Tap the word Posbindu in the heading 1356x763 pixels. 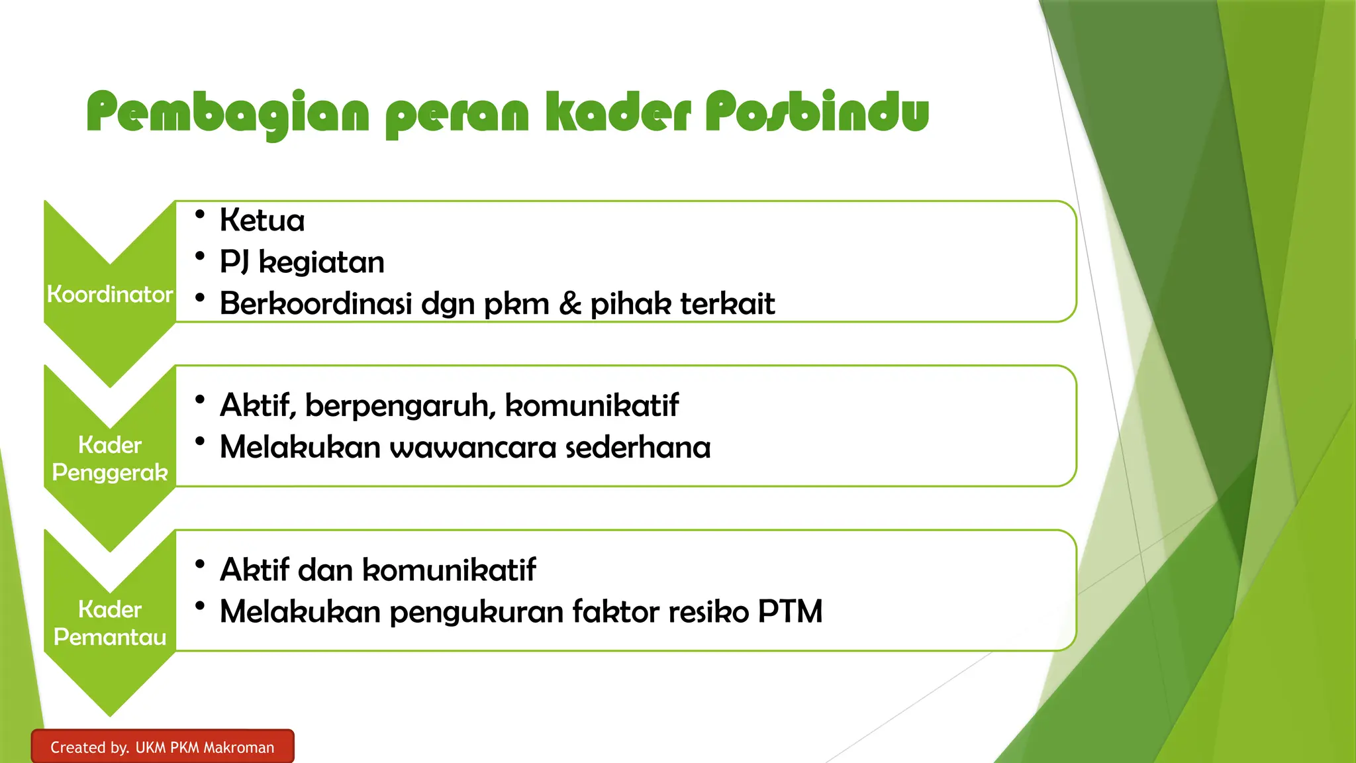tap(816, 112)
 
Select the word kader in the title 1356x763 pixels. tap(618, 112)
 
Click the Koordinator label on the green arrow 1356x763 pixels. tap(110, 294)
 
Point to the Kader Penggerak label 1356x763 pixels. tap(110, 458)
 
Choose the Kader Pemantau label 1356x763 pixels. tap(110, 623)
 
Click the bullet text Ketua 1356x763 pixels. tap(262, 220)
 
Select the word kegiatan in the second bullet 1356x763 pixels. tap(321, 262)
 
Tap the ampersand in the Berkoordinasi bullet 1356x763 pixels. tap(570, 304)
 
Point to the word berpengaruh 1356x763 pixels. tap(400, 405)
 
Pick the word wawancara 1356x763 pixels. tap(473, 447)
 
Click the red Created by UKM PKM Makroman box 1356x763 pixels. tap(162, 747)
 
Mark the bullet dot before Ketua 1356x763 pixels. tap(200, 213)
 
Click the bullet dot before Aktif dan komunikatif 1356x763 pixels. tap(200, 564)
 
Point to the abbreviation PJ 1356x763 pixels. tap(234, 263)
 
